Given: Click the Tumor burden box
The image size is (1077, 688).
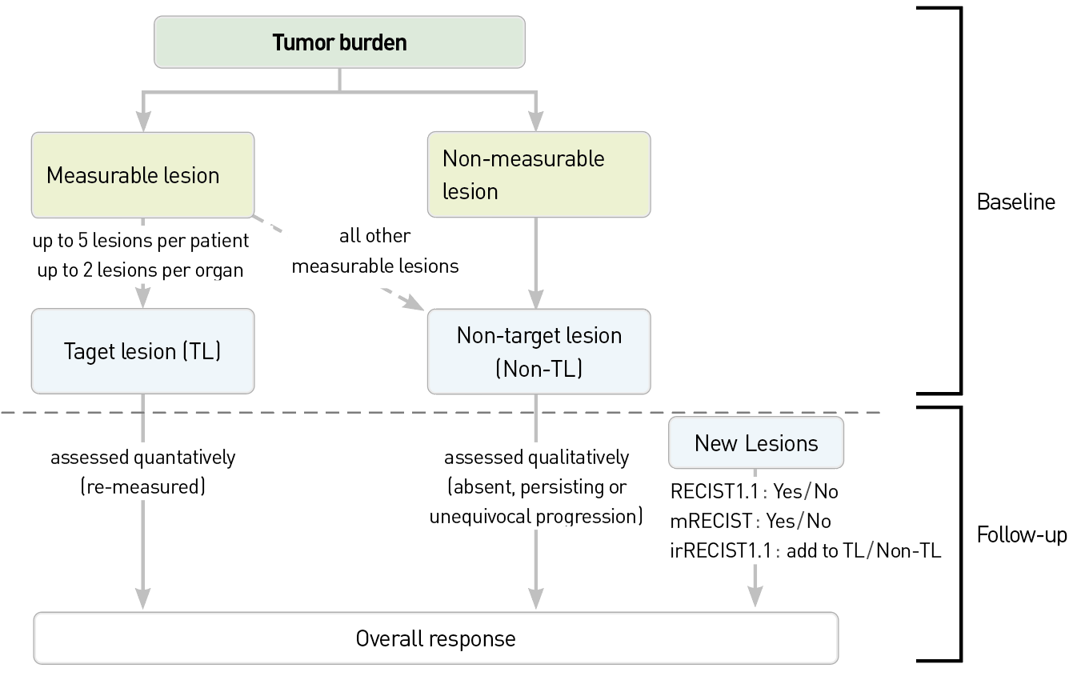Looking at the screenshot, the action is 339,42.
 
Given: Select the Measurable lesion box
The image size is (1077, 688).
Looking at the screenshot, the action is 142,175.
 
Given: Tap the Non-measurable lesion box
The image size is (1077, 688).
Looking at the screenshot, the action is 539,174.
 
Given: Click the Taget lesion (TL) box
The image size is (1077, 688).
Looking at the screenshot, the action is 142,351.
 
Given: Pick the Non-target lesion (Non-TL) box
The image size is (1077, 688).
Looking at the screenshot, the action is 539,351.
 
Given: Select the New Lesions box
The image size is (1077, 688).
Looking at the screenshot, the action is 756,443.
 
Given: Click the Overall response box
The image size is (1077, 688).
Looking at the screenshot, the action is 436,638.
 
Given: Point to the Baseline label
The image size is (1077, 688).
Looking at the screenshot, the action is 1016,202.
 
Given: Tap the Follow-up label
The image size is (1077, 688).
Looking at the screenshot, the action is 1022,535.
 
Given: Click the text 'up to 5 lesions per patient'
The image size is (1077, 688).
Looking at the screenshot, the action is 140,240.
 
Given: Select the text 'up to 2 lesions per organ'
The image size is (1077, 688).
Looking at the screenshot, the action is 140,270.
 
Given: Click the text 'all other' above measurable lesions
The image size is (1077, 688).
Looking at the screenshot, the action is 375,236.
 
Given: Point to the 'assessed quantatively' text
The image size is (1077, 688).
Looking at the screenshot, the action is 142,458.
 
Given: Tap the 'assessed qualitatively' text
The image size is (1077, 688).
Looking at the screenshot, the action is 537,458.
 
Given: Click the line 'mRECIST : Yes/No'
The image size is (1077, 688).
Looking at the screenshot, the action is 751,521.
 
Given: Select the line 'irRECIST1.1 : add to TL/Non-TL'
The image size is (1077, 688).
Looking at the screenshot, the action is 805,551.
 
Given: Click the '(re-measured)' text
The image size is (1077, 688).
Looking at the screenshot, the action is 142,486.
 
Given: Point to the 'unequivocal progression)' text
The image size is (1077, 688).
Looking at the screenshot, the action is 536,517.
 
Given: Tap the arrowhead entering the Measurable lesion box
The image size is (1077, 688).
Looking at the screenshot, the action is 143,121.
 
